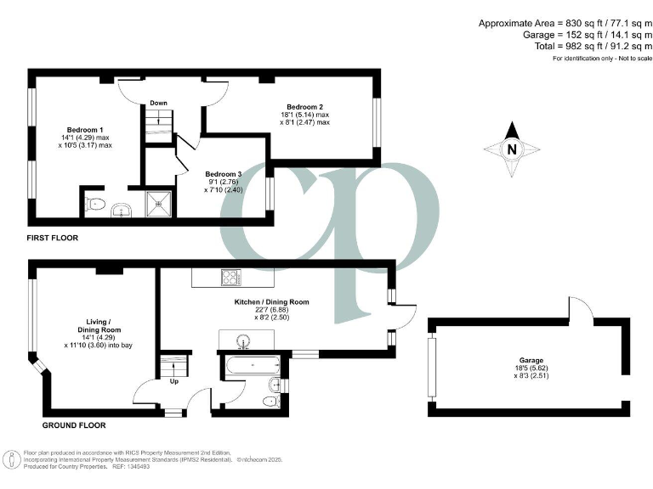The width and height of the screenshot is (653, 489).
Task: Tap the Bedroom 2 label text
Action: (304, 106)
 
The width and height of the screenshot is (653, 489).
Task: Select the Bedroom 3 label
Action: (223, 174)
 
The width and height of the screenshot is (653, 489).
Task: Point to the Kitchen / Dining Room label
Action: (272, 301)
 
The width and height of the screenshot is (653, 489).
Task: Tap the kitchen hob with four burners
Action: (231, 277)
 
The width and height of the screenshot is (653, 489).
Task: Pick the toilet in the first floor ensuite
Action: (95, 203)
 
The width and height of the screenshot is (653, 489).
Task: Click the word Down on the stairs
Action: (158, 103)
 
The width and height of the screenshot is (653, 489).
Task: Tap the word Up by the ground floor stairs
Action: (175, 382)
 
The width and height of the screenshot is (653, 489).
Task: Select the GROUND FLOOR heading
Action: (74, 424)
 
